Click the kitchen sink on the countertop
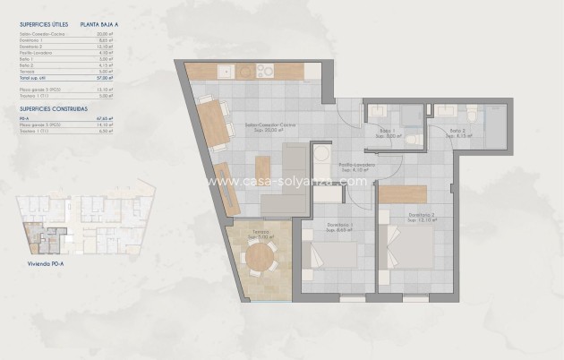click(x=226, y=71)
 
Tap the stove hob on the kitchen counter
click(x=261, y=71)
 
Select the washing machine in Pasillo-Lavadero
click(x=320, y=157)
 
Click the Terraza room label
click(x=260, y=234)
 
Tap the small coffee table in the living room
click(x=261, y=167)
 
